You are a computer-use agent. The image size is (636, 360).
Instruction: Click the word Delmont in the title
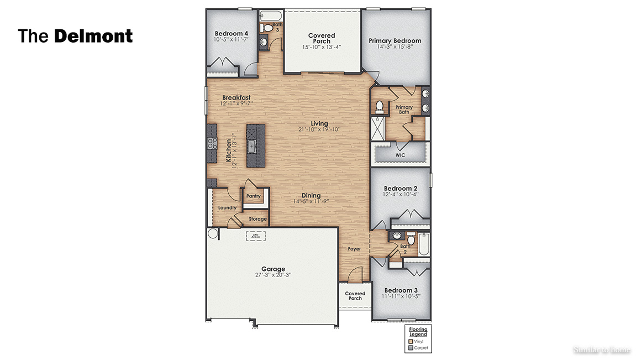tap(93, 36)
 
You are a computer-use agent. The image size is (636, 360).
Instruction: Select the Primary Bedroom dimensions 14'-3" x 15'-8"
tap(395, 47)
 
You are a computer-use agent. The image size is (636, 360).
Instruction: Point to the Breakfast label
tap(236, 97)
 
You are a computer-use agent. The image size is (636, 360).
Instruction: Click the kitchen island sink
tap(252, 147)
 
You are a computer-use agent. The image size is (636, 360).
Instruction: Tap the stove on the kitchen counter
tap(212, 143)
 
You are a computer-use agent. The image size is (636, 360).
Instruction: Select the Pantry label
tap(254, 196)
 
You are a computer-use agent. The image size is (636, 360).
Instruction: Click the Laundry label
tap(227, 208)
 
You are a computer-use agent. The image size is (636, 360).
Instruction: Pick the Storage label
tap(257, 219)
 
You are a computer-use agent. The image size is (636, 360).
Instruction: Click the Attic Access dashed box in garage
tap(255, 236)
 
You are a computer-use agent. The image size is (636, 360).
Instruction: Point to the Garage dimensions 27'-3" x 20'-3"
tap(273, 275)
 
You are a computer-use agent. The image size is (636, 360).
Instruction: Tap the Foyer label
tap(354, 249)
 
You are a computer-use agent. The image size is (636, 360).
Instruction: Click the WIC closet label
tap(400, 155)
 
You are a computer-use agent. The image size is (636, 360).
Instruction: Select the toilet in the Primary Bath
tap(380, 106)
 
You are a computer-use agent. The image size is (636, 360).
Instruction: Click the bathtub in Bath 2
tap(423, 244)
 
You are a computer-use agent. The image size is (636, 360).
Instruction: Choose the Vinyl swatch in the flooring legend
tap(411, 341)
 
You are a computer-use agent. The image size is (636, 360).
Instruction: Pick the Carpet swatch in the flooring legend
tap(411, 348)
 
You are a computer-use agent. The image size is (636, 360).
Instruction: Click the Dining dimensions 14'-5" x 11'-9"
tap(311, 202)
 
